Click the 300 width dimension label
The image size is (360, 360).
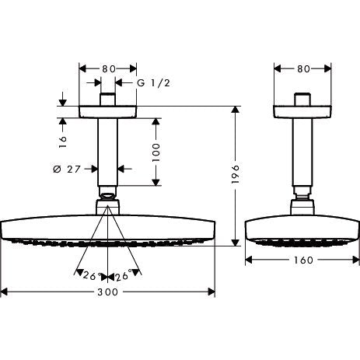[107, 292]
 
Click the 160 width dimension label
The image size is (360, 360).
[303, 260]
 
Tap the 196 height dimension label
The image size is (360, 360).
[235, 174]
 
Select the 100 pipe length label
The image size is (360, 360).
[156, 152]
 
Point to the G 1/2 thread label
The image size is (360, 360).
[153, 83]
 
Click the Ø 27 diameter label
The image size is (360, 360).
[67, 170]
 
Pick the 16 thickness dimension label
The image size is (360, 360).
[62, 142]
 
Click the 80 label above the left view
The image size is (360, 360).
[109, 69]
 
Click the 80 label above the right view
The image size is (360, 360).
[303, 69]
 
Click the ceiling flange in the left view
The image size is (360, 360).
[107, 112]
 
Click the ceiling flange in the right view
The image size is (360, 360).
[302, 112]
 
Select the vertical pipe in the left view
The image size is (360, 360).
[107, 152]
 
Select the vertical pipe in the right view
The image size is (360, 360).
[302, 152]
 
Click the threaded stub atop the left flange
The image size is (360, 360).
[107, 100]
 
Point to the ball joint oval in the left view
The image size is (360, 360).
[107, 196]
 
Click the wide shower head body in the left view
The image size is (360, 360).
[108, 227]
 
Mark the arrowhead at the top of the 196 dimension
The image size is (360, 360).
[235, 109]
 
